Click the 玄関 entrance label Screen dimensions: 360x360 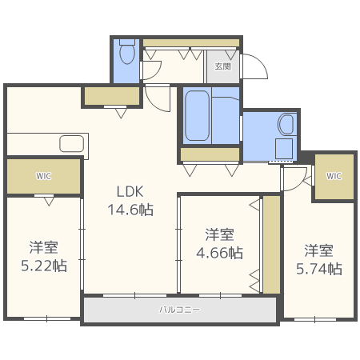tap(222, 67)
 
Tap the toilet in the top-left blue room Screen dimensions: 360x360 tap(126, 54)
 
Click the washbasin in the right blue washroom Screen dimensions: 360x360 tap(286, 124)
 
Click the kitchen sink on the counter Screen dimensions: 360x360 tap(71, 144)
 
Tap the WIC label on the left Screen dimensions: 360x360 tap(43, 177)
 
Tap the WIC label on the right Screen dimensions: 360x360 tap(334, 177)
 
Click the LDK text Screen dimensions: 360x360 tap(130, 192)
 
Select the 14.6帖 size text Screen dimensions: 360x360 tap(130, 210)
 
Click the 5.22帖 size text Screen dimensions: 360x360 tap(44, 266)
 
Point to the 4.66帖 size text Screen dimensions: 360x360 tap(218, 253)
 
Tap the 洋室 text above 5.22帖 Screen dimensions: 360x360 tap(44, 247)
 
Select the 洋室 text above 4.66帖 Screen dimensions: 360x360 tap(218, 234)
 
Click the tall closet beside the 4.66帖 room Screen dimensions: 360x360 tap(271, 244)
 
